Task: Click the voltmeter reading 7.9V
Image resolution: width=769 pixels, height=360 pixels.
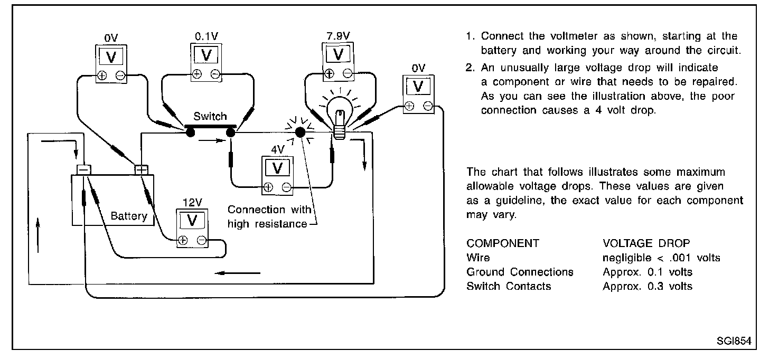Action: click(338, 62)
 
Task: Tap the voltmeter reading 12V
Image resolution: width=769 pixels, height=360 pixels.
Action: click(192, 228)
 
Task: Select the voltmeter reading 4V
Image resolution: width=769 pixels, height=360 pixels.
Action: click(277, 176)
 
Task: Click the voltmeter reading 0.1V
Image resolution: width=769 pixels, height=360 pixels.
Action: click(206, 62)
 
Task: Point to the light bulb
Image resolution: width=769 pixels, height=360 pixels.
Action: click(340, 117)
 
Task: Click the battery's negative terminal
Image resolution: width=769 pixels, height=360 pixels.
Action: click(84, 169)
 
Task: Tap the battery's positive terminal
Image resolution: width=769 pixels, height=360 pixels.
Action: click(141, 169)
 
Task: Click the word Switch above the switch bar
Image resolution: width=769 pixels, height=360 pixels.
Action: click(210, 116)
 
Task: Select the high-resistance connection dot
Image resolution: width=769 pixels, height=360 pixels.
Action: click(300, 132)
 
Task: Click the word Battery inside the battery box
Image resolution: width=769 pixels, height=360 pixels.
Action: click(129, 216)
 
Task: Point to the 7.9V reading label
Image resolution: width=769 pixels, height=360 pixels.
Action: click(338, 36)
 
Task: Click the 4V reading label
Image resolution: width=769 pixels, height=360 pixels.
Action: click(278, 149)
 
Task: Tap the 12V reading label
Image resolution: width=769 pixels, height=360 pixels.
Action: click(192, 203)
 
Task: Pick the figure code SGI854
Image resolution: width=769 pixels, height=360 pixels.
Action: click(734, 341)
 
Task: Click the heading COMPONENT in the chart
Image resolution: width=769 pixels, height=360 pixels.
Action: click(503, 243)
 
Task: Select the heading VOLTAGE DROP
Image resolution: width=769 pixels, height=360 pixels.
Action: click(646, 243)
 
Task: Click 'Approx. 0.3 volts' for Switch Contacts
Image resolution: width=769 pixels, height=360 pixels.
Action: click(648, 286)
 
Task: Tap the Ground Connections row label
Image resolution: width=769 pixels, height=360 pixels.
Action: click(520, 272)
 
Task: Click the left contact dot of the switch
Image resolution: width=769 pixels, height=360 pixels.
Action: click(190, 132)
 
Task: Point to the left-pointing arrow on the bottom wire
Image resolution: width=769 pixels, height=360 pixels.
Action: click(237, 273)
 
